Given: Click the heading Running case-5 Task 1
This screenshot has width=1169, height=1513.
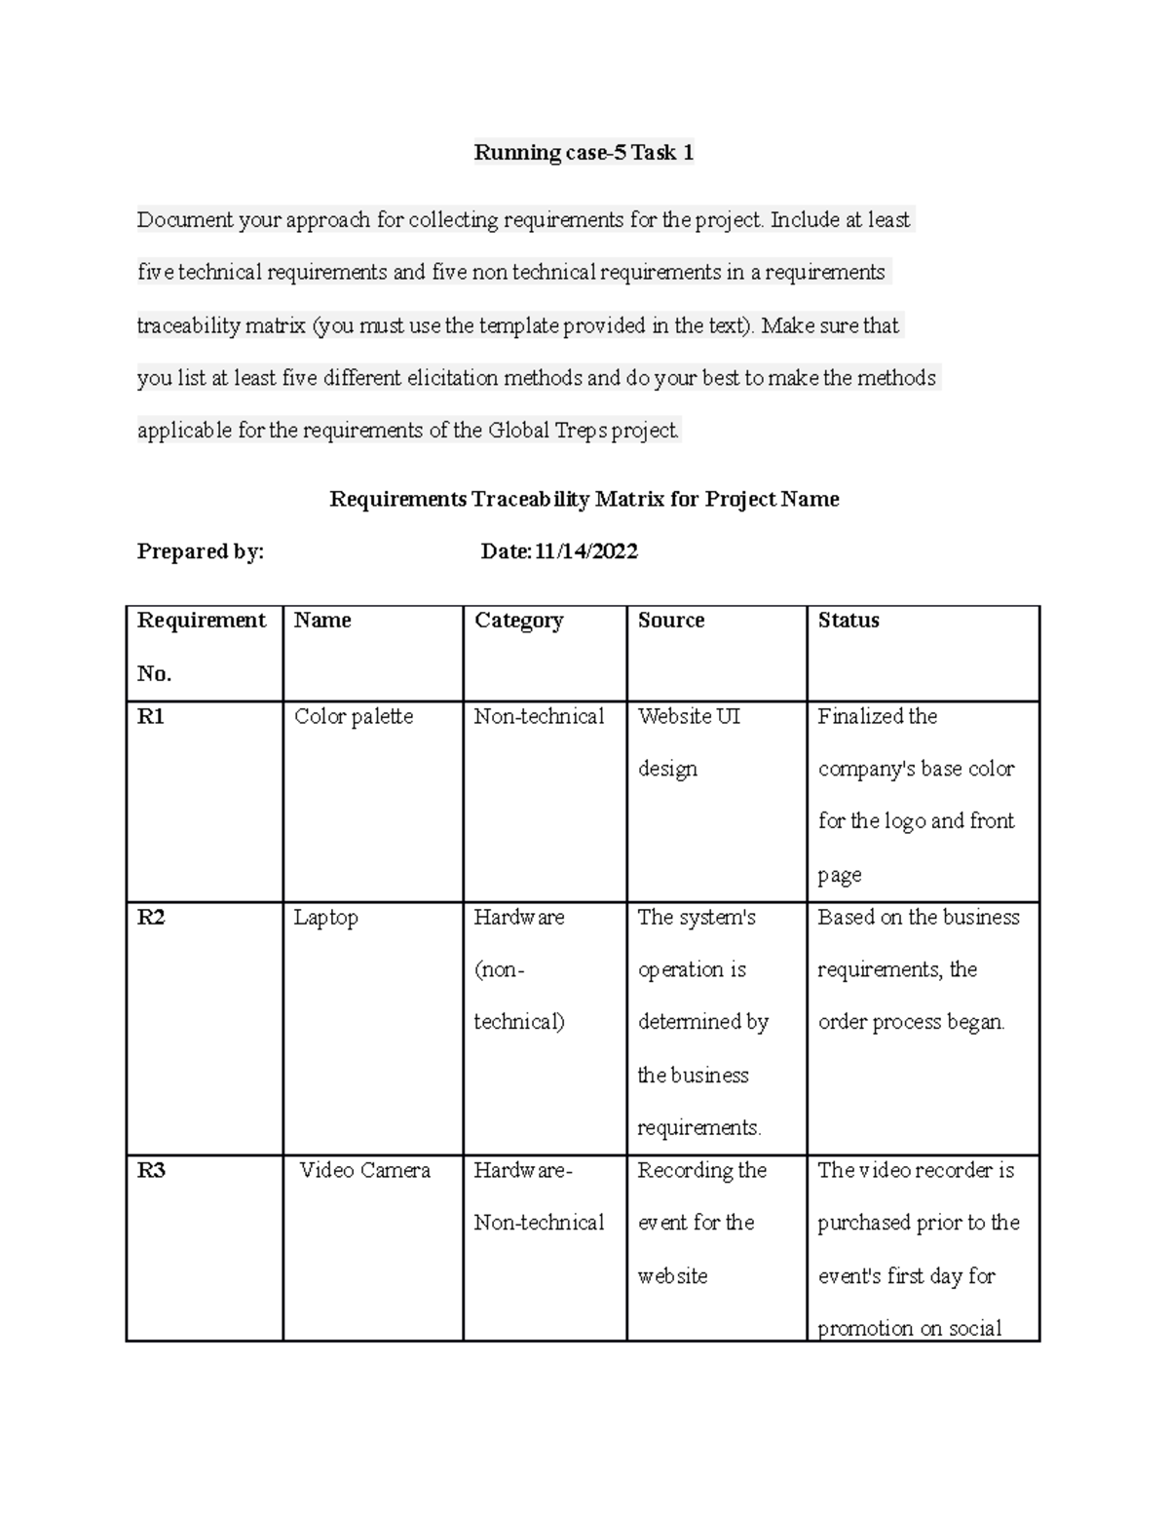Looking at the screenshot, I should (x=584, y=153).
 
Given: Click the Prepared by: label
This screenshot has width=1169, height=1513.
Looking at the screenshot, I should (x=200, y=552).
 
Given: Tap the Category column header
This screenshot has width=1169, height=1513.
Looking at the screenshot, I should (x=518, y=621).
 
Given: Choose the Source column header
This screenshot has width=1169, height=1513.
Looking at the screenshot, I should (x=670, y=621).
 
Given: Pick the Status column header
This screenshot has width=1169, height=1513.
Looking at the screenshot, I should (x=848, y=621).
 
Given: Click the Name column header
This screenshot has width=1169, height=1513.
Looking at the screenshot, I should (x=322, y=621).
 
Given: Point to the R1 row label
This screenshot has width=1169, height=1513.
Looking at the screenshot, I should (x=151, y=717).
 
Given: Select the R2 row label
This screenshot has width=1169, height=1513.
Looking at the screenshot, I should (x=151, y=918).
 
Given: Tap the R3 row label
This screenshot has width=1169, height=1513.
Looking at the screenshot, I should (x=151, y=1171).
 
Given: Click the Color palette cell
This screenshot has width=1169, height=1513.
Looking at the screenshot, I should (x=354, y=717).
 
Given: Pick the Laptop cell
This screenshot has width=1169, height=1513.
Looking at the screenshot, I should (x=325, y=918).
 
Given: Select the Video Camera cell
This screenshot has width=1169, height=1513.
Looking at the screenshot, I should (x=364, y=1171).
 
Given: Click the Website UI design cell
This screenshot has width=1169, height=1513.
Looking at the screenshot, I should (x=688, y=742).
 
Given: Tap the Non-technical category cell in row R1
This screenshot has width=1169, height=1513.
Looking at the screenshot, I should (x=539, y=717).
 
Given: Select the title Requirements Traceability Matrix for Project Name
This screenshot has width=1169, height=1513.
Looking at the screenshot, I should (x=584, y=500).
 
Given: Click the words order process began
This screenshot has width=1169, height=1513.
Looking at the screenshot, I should (x=911, y=1022).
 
